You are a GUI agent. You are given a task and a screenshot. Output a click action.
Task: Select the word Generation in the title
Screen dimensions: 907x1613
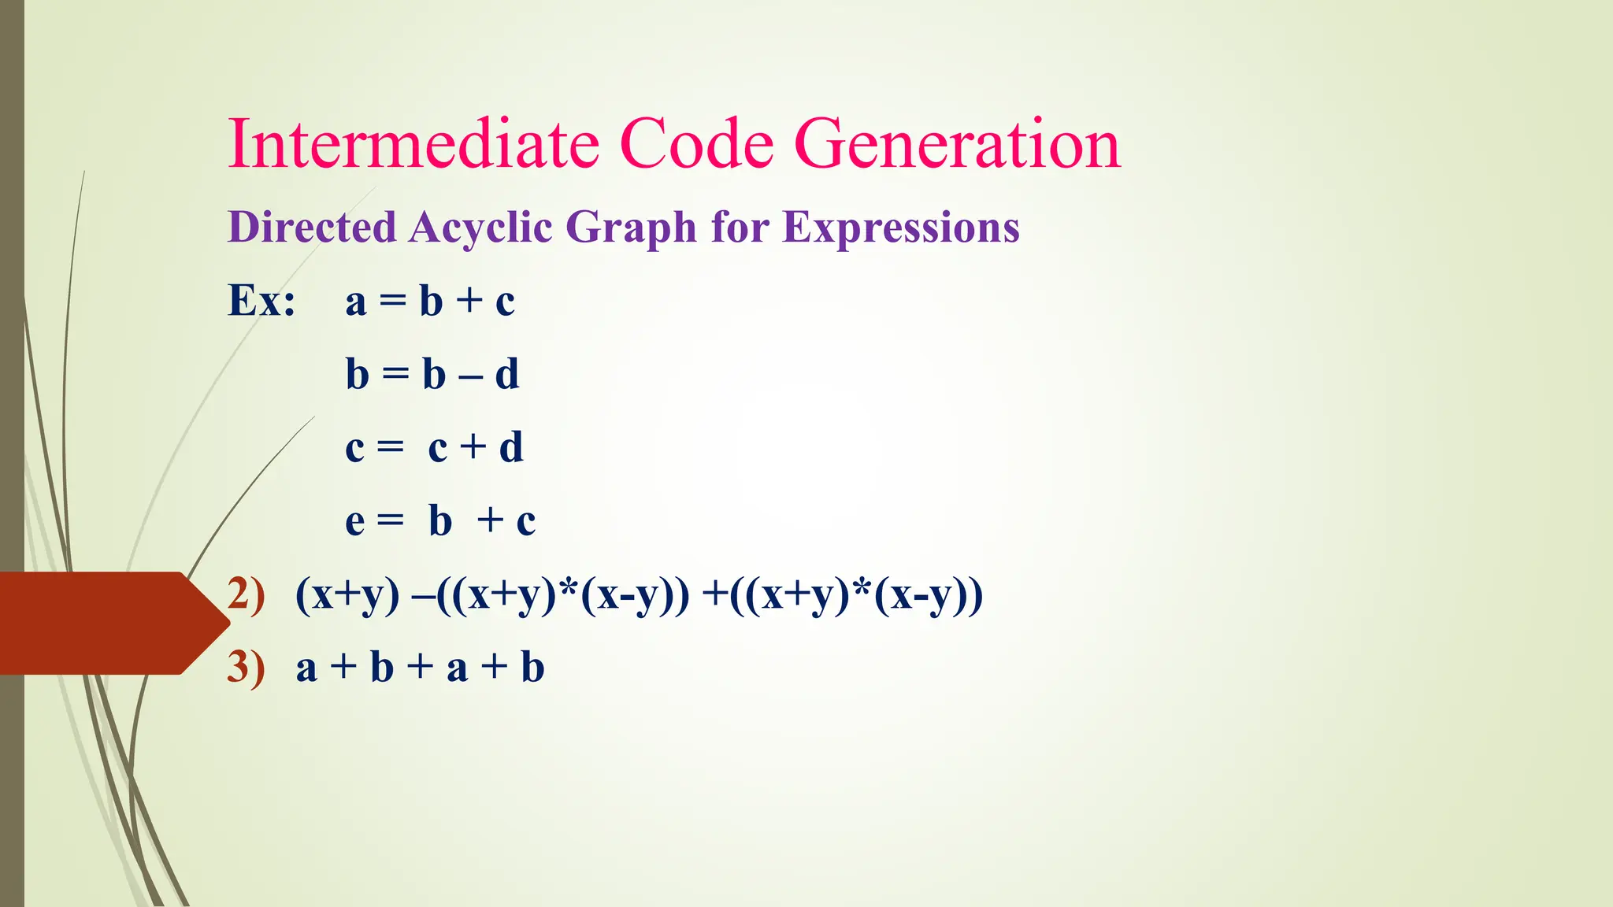(x=957, y=144)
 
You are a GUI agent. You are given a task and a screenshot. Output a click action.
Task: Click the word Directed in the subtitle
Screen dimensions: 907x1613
(x=312, y=227)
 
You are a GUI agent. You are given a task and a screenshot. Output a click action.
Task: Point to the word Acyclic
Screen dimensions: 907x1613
(x=480, y=228)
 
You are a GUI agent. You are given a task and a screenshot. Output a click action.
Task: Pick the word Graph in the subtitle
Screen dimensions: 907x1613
(x=631, y=228)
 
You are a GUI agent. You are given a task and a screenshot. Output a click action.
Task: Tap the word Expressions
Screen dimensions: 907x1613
(x=901, y=228)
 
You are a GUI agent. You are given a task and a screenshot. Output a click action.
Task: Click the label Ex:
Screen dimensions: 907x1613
(x=261, y=301)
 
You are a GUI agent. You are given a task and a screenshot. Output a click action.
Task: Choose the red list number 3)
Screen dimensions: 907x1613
(x=246, y=668)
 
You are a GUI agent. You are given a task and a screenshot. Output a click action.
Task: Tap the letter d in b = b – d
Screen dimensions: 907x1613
(x=507, y=373)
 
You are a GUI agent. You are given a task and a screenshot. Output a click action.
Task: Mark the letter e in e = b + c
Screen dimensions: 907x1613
(x=355, y=521)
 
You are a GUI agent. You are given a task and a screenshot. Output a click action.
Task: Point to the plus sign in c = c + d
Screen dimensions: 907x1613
(x=473, y=447)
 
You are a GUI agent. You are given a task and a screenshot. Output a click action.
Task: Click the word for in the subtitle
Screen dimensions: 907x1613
(x=740, y=227)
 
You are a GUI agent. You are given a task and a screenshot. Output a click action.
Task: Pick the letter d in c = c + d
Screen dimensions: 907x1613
(x=511, y=447)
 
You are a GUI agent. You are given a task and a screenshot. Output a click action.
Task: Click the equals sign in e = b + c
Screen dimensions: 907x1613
(x=390, y=520)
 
